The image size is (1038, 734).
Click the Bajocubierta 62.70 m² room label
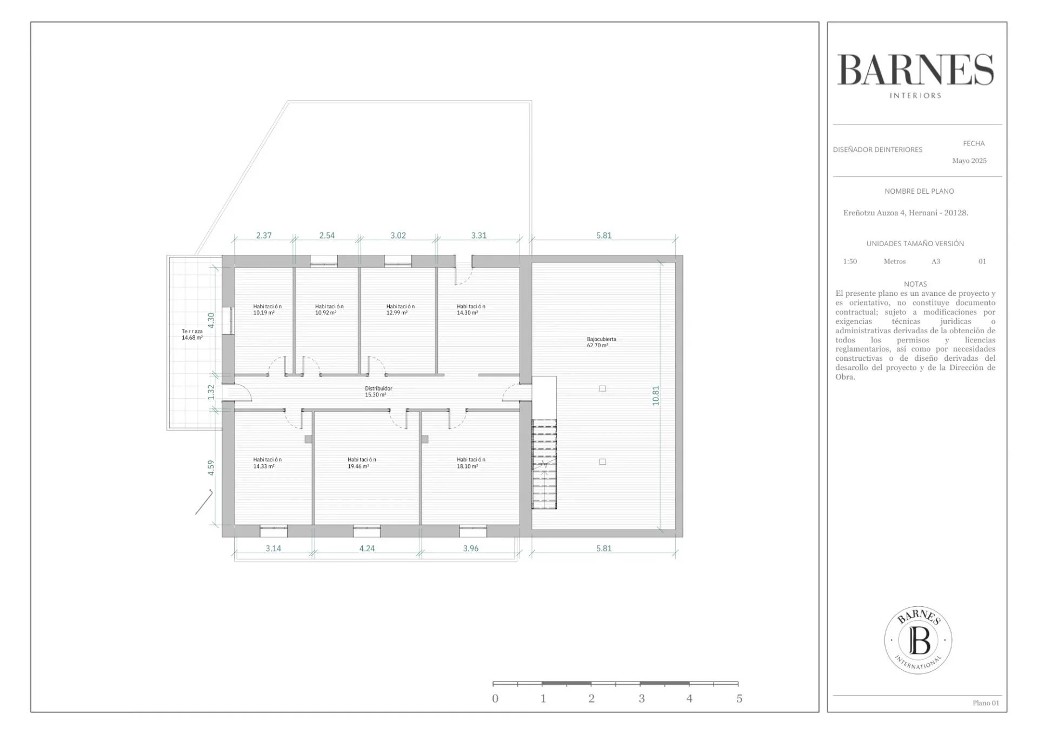point(601,342)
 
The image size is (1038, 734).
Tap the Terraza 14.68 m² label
point(192,334)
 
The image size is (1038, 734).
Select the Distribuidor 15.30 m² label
point(378,392)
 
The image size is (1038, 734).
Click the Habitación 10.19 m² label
point(267,309)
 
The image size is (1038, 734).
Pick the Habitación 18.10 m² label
point(471,463)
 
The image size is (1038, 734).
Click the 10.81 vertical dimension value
point(656,396)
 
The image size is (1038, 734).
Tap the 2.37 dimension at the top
point(264,235)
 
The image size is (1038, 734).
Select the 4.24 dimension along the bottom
point(367,548)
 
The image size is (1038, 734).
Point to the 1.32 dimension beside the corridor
point(211,392)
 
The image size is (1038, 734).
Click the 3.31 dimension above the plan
point(478,235)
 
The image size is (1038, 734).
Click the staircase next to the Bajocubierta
point(544,464)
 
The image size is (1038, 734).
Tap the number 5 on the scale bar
point(740,699)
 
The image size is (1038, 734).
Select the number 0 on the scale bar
point(495,699)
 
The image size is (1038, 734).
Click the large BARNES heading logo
point(916,70)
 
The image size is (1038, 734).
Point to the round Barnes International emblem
point(918,640)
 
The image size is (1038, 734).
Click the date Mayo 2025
point(969,161)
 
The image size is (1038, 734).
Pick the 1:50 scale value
point(850,261)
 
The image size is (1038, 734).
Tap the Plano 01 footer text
point(986,703)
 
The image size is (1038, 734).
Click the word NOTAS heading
point(915,284)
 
